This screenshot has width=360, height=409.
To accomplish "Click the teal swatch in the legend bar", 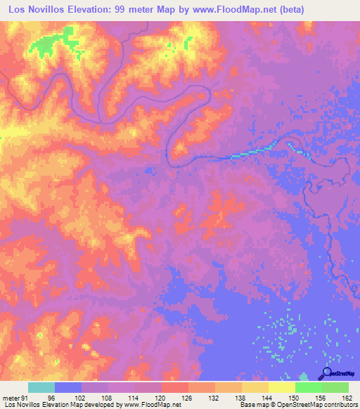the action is pos(41,387).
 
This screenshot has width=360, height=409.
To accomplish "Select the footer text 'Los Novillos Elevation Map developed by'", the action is pos(62,404).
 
